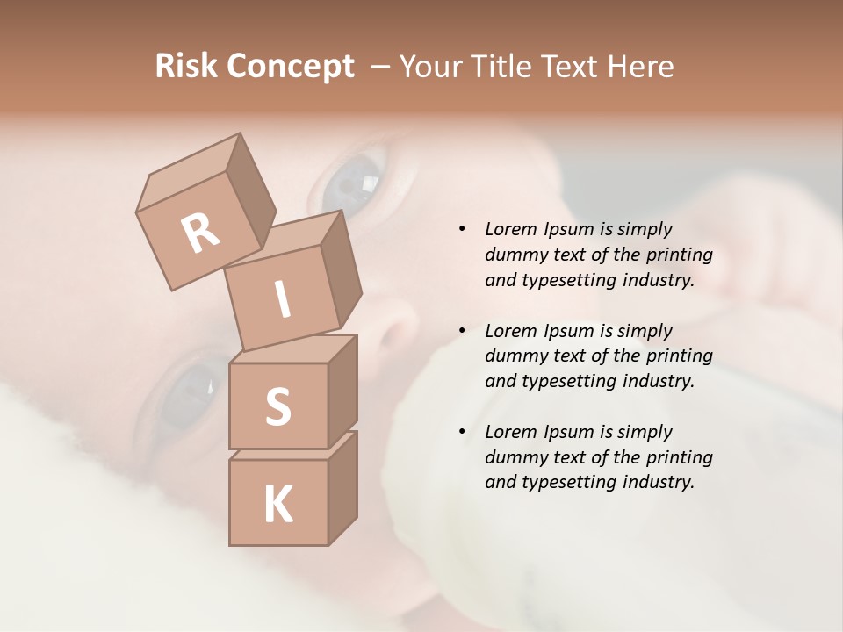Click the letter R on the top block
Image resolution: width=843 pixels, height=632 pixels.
pyautogui.click(x=201, y=233)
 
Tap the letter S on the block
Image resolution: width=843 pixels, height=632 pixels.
pyautogui.click(x=277, y=406)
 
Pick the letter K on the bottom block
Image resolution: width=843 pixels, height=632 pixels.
pyautogui.click(x=277, y=505)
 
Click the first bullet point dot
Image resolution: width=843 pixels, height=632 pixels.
pyautogui.click(x=462, y=230)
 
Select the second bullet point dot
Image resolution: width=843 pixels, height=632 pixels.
pyautogui.click(x=462, y=331)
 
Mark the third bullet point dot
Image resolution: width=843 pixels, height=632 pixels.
pyautogui.click(x=462, y=432)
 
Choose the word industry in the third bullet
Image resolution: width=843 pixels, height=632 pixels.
pyautogui.click(x=658, y=482)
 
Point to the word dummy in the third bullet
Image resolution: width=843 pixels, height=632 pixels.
pyautogui.click(x=515, y=457)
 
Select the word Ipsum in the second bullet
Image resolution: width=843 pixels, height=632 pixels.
pyautogui.click(x=569, y=331)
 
